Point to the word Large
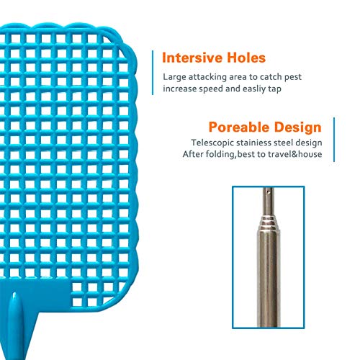[174, 76]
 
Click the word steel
[289, 143]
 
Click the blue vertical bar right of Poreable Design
[333, 140]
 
